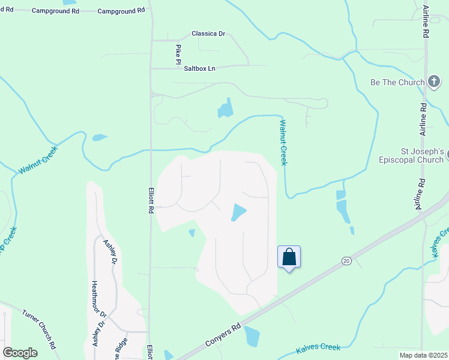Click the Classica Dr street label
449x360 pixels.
tap(208, 34)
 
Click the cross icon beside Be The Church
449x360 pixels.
tap(435, 82)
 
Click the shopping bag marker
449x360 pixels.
tap(289, 257)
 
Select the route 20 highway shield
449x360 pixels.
tap(346, 260)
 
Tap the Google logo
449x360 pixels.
tap(20, 353)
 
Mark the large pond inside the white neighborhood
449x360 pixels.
tap(238, 212)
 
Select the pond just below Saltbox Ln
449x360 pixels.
tap(225, 109)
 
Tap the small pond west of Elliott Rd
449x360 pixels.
tap(99, 137)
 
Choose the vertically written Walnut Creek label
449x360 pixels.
tap(283, 142)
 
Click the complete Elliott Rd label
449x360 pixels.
tap(151, 200)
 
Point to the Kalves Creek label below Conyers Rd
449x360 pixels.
tap(318, 347)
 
